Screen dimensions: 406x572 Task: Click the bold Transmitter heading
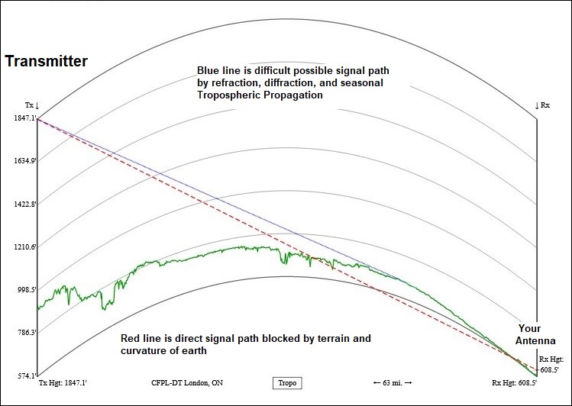(x=47, y=61)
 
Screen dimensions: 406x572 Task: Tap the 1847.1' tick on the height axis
(x=25, y=118)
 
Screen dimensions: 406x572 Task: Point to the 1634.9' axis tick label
(x=25, y=161)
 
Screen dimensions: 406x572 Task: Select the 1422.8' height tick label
(x=25, y=205)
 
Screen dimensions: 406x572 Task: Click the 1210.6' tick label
(x=25, y=247)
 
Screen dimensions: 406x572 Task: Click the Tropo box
(x=286, y=383)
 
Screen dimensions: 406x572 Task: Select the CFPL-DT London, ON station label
(x=187, y=383)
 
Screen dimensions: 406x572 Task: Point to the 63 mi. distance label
(x=393, y=383)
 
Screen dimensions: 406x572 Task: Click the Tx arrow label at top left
(x=32, y=105)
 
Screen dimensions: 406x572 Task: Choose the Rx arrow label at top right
(x=542, y=105)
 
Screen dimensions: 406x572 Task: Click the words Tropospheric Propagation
(x=260, y=95)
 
